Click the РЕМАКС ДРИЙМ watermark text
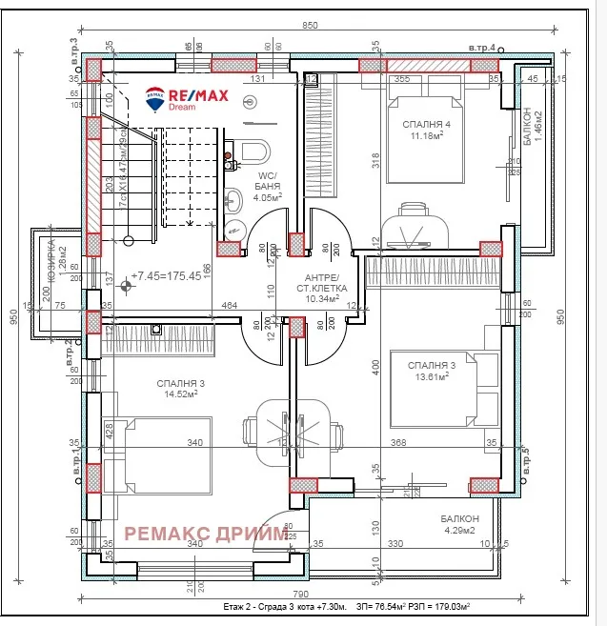[206, 535]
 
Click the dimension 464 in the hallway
[229, 305]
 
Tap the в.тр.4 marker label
[482, 46]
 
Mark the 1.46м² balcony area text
[539, 126]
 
